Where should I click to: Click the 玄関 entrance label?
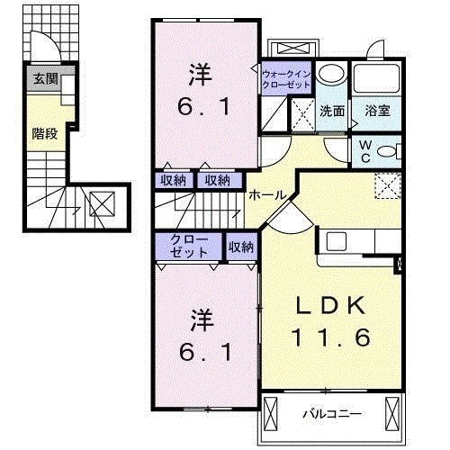click(x=45, y=79)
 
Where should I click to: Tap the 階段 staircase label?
click(x=45, y=133)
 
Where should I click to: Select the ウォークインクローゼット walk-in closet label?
click(x=286, y=79)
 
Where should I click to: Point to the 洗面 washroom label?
click(x=332, y=112)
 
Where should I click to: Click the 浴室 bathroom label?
click(x=378, y=111)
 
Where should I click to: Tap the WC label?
click(x=365, y=152)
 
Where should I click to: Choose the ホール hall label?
click(x=267, y=195)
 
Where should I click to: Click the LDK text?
click(x=331, y=305)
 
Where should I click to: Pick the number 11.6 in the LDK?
click(x=330, y=337)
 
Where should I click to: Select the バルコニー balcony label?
click(x=332, y=414)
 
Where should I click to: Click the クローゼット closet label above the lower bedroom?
click(x=189, y=246)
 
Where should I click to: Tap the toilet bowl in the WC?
click(x=386, y=151)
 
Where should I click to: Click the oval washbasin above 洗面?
click(x=331, y=73)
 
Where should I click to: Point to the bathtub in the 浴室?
click(x=376, y=78)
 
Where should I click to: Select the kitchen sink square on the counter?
click(x=337, y=242)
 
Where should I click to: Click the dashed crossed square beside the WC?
click(x=388, y=186)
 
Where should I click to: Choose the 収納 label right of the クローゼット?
click(x=241, y=247)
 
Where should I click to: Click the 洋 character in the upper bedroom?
click(x=201, y=74)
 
